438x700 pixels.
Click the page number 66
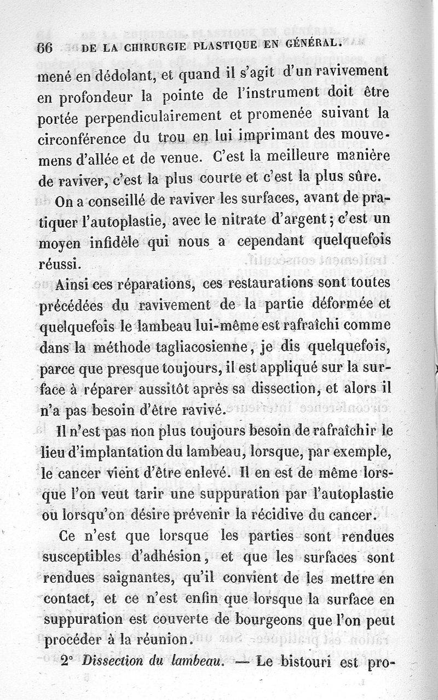(x=44, y=48)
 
